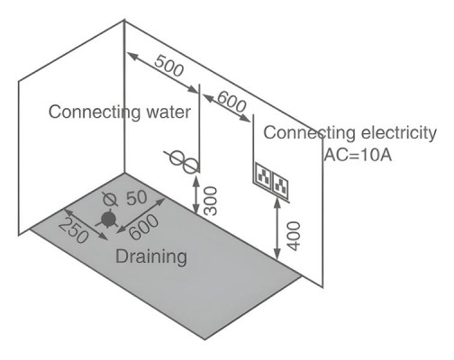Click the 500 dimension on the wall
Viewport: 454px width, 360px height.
168,66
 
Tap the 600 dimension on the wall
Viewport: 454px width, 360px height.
232,102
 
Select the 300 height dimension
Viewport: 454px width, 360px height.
210,201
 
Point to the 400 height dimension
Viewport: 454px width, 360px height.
294,236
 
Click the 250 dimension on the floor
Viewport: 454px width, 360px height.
74,230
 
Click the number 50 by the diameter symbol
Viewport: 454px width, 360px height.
137,198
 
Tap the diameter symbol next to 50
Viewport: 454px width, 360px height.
110,200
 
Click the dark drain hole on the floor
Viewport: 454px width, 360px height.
108,220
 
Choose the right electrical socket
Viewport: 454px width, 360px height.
280,183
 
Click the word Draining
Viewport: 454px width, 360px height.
151,257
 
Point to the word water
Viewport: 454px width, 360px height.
168,112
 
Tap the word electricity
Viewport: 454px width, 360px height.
399,133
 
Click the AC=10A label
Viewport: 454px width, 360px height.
358,155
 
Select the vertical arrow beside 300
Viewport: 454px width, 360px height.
195,195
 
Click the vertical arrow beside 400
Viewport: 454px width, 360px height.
277,229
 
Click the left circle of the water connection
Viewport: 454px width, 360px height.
177,157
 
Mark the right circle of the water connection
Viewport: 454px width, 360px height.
190,166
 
